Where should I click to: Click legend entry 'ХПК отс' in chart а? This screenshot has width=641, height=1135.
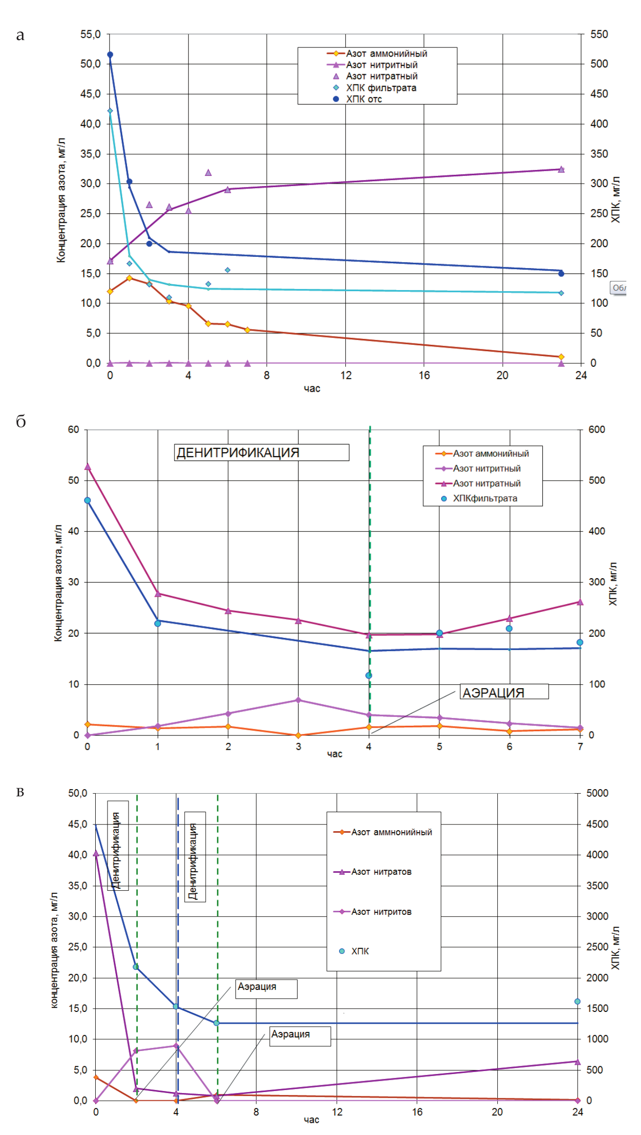point(364,99)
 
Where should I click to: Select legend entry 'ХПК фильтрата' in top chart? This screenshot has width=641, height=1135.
point(381,88)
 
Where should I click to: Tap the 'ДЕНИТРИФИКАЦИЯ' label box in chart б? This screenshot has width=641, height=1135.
point(261,452)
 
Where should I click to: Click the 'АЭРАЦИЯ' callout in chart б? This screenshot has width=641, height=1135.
point(504,692)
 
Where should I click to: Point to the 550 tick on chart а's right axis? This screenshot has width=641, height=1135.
point(599,35)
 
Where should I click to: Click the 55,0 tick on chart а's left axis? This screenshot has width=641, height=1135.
point(90,35)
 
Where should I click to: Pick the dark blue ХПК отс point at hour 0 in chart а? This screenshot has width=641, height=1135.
point(110,55)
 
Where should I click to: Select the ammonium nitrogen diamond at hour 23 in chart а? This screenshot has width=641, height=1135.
point(561,357)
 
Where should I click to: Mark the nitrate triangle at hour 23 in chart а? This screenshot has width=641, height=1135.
point(561,169)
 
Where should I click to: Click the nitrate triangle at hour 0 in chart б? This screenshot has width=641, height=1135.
point(87,466)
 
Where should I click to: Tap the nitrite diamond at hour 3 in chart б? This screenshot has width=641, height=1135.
point(299,700)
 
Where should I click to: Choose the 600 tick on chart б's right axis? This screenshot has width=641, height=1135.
point(597,430)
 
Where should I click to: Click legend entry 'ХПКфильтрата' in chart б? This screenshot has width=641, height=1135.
point(485,498)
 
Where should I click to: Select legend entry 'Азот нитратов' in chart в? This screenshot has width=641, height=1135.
point(381,872)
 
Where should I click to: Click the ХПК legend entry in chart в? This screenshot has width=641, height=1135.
point(360,951)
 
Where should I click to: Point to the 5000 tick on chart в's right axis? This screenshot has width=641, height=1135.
point(597,793)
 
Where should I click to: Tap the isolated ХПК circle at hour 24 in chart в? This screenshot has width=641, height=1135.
point(577,1001)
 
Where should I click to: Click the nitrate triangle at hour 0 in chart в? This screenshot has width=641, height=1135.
point(96,853)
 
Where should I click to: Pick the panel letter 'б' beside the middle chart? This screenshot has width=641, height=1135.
point(21,422)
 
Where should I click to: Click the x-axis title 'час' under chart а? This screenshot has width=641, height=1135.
point(312,389)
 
